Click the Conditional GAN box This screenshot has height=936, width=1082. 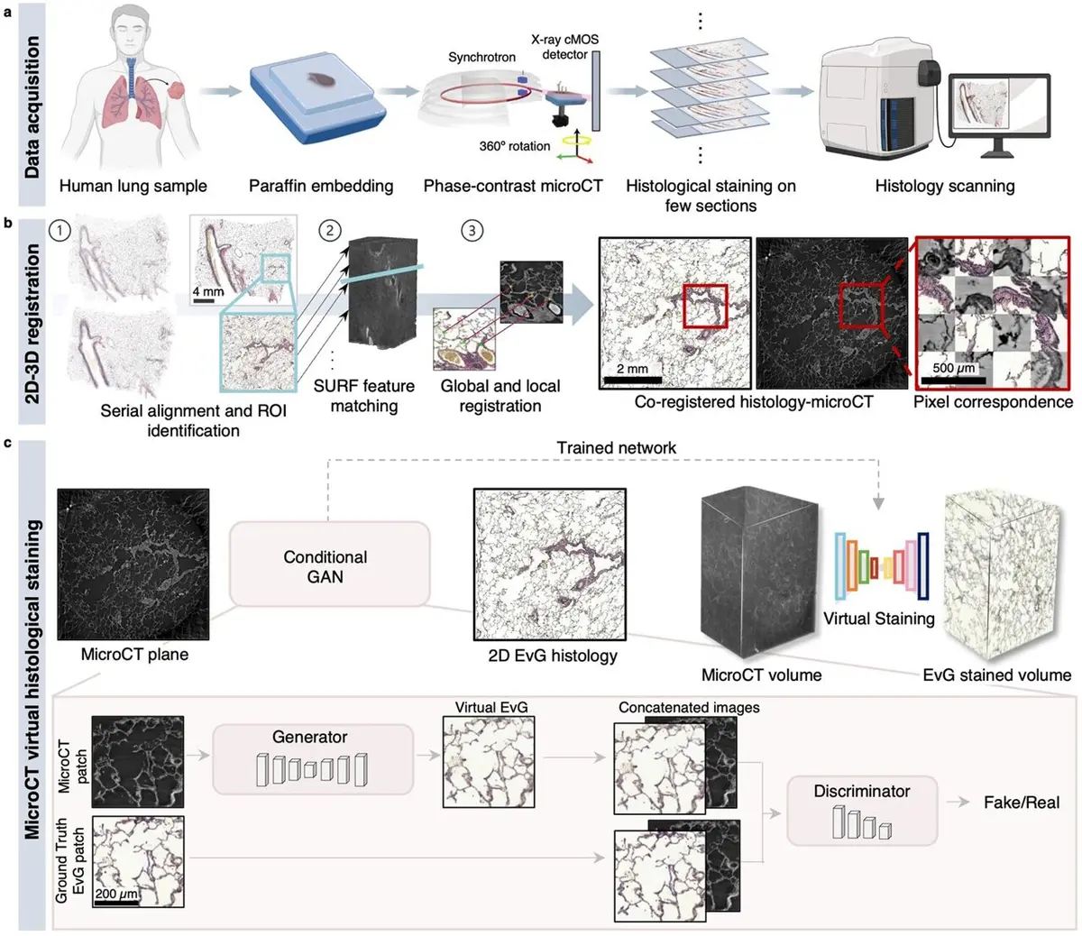(x=329, y=564)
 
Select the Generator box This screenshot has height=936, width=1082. (x=313, y=758)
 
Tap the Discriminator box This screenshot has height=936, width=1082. (x=862, y=811)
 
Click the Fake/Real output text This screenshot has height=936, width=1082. (x=1022, y=803)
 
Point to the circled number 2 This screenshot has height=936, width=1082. (x=330, y=230)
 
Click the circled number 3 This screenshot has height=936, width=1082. (x=472, y=230)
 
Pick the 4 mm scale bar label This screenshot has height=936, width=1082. (x=207, y=291)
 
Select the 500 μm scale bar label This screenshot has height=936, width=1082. (x=953, y=368)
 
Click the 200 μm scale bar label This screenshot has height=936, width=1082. (x=116, y=893)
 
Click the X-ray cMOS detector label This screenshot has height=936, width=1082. (x=564, y=47)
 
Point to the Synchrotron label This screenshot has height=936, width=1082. (x=481, y=57)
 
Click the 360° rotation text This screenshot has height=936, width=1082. (x=515, y=146)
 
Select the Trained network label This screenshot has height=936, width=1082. (x=616, y=447)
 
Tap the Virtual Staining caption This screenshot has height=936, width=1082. (x=879, y=619)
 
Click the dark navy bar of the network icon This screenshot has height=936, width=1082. (x=923, y=566)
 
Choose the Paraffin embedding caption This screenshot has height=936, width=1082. (x=321, y=186)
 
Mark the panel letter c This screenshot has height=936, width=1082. (x=7, y=443)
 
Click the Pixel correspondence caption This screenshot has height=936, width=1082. (x=993, y=402)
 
